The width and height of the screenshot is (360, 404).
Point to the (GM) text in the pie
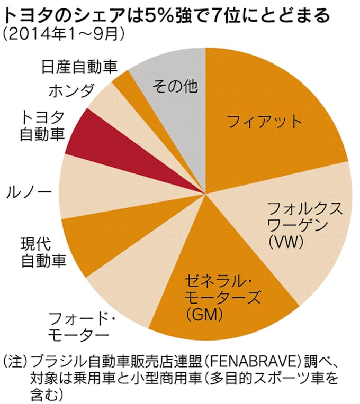[203, 314]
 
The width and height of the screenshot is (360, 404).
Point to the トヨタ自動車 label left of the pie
[42, 125]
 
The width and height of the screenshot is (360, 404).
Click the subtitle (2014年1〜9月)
[64, 35]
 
